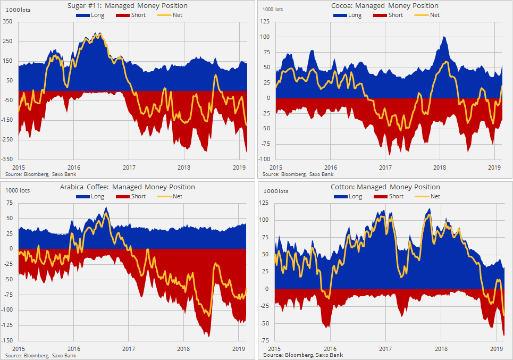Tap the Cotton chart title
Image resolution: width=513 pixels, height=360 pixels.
click(385, 187)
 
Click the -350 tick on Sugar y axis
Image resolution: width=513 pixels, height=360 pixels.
click(7, 159)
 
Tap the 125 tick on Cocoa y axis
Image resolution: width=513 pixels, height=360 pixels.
click(265, 22)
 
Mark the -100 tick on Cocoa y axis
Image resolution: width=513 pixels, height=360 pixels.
click(264, 159)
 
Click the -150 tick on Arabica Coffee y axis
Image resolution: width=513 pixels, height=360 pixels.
click(7, 341)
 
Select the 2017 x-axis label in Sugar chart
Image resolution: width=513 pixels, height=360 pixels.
click(129, 168)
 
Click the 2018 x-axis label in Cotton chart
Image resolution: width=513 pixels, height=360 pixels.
click(441, 349)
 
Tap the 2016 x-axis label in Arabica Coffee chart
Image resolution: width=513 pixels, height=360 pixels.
click(73, 349)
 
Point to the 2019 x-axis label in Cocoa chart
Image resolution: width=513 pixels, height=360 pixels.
click(495, 168)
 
